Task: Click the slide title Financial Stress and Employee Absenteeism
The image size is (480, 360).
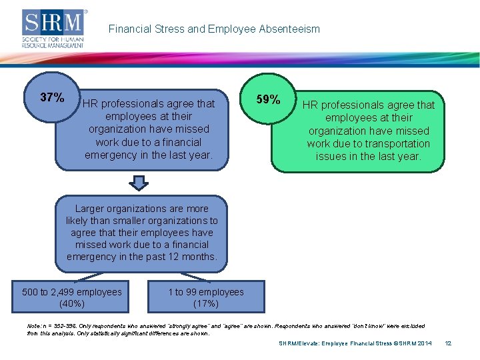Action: click(214, 29)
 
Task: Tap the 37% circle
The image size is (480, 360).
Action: click(52, 98)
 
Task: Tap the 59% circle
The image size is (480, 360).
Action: click(268, 99)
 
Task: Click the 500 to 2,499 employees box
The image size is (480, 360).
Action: click(72, 297)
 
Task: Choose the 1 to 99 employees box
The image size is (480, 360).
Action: click(206, 297)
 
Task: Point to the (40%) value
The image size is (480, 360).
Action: click(72, 303)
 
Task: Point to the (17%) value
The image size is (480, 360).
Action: click(206, 303)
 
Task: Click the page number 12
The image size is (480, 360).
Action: click(448, 343)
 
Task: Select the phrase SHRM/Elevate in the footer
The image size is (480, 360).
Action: click(300, 343)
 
